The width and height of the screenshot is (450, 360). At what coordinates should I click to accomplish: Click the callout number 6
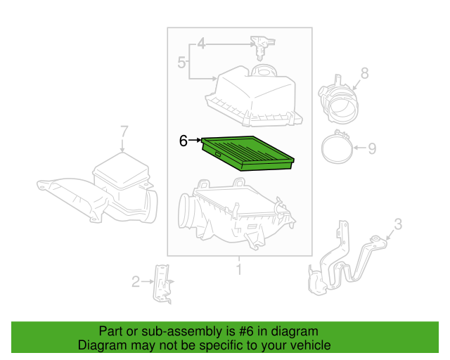pyautogui.click(x=183, y=141)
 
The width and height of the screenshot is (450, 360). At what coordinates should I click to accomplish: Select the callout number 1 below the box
pyautogui.click(x=239, y=269)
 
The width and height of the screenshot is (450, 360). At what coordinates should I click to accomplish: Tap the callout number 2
pyautogui.click(x=136, y=283)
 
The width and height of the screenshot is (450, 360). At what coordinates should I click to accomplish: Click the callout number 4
pyautogui.click(x=201, y=44)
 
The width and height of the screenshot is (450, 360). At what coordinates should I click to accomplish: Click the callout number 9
pyautogui.click(x=373, y=148)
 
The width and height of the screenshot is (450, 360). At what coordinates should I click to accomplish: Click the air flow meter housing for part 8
pyautogui.click(x=337, y=98)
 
